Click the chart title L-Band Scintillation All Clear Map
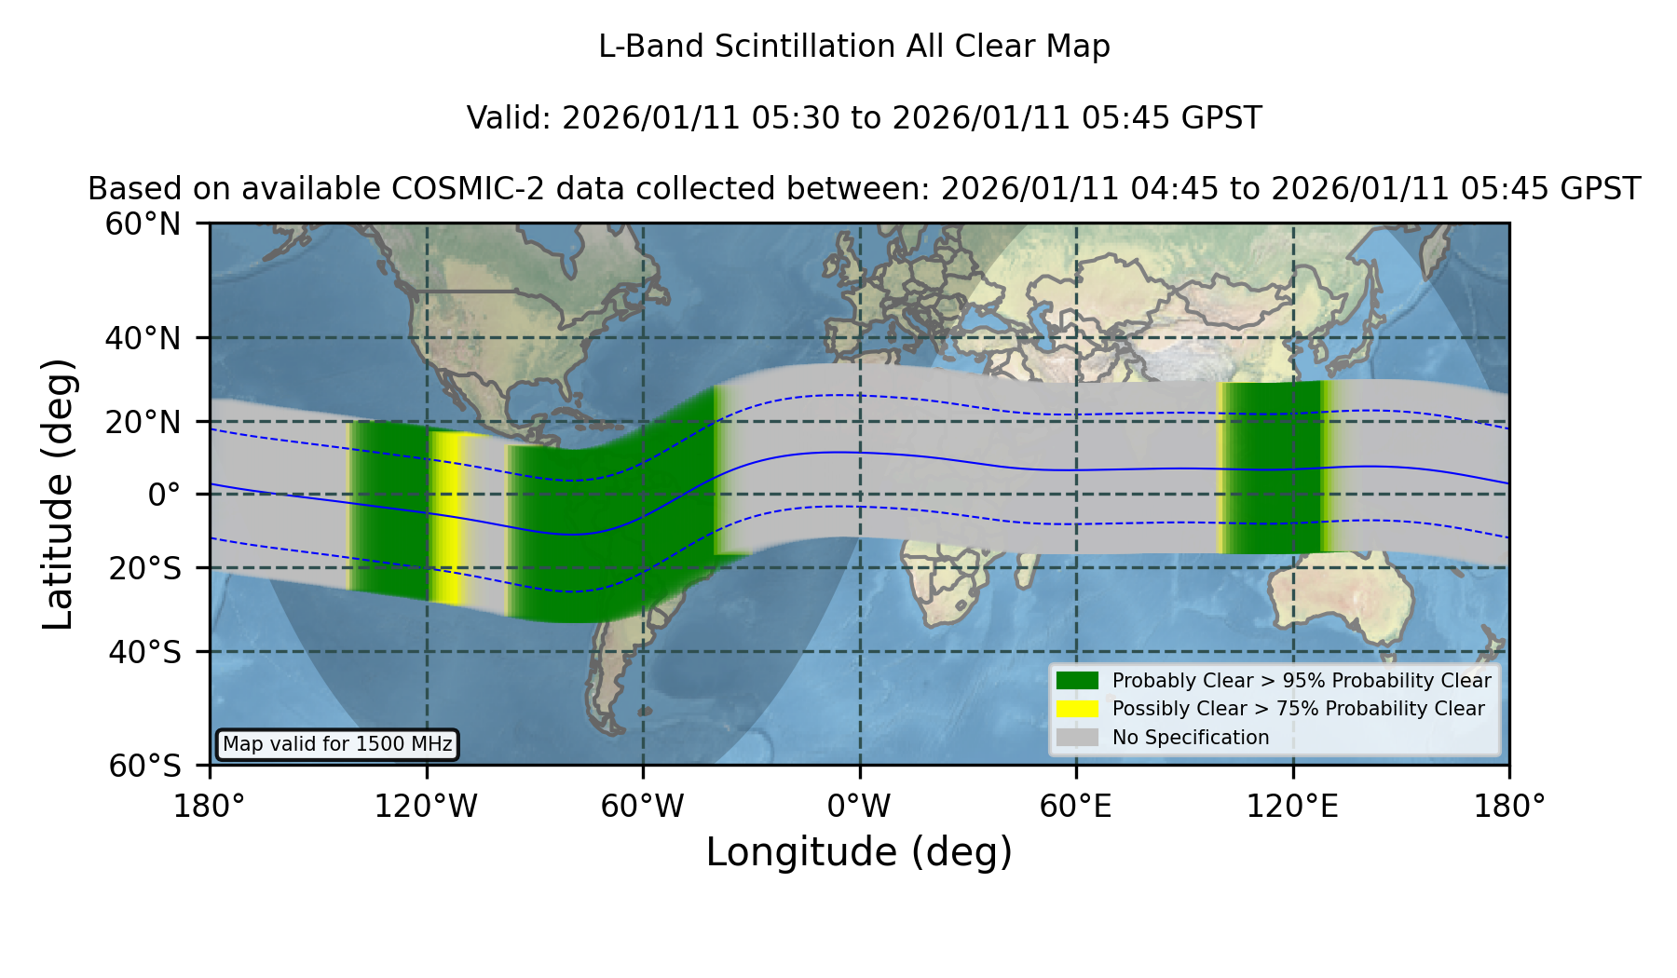[x=853, y=47]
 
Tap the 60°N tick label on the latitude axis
[x=143, y=224]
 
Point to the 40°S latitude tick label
[x=144, y=652]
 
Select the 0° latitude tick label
[x=164, y=495]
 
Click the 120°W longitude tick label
[x=426, y=807]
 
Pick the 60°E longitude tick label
[x=1076, y=807]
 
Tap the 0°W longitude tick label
[x=860, y=807]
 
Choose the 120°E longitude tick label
[x=1292, y=807]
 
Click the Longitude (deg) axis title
[x=859, y=852]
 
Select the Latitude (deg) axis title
[x=59, y=494]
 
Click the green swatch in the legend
[x=1077, y=680]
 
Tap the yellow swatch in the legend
[x=1077, y=709]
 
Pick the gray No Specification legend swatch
[x=1077, y=738]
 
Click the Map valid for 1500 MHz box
[x=337, y=744]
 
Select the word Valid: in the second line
[x=510, y=118]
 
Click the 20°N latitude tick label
[x=143, y=422]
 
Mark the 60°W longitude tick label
[x=643, y=807]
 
